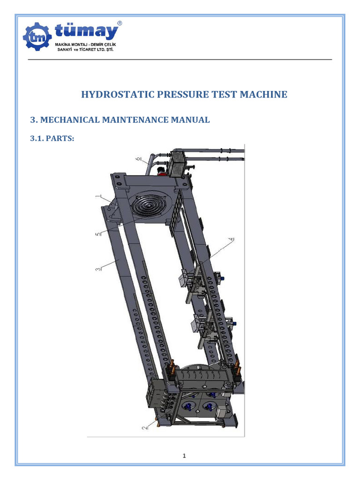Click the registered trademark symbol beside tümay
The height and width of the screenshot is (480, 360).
tap(120, 22)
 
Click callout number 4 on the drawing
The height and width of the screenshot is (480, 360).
tap(231, 240)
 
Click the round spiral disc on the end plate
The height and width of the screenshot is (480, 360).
tap(147, 205)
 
